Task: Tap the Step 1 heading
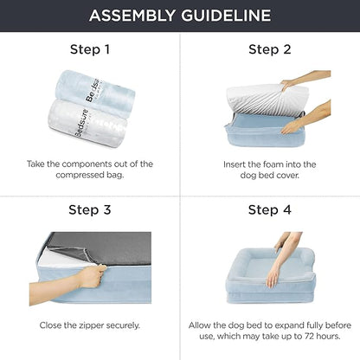pyautogui.click(x=90, y=49)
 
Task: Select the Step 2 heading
pyautogui.click(x=269, y=49)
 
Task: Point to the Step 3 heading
pyautogui.click(x=90, y=209)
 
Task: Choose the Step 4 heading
pyautogui.click(x=269, y=209)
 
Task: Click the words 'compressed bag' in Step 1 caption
pyautogui.click(x=90, y=177)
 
